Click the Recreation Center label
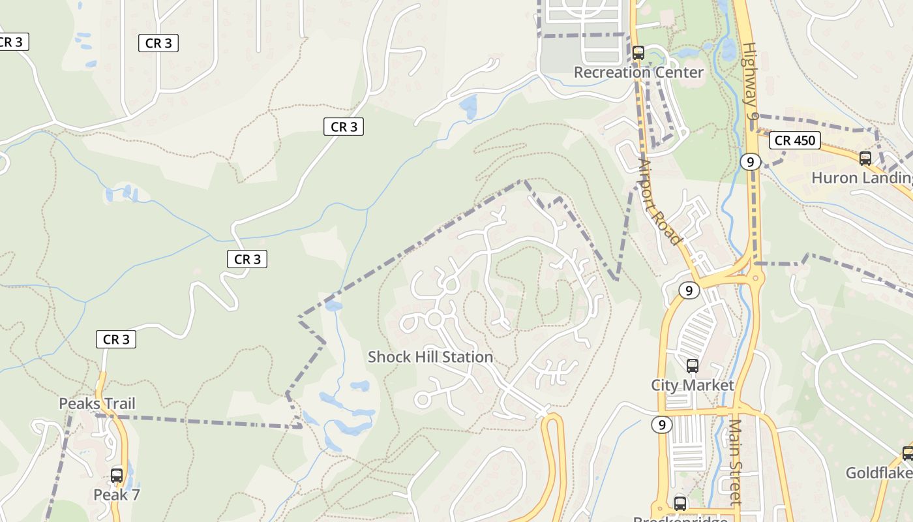(638, 72)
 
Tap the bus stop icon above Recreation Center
(638, 53)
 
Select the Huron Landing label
(861, 177)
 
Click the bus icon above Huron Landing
(865, 158)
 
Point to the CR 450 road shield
(795, 140)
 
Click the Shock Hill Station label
(430, 357)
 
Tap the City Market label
(693, 385)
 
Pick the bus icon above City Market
(693, 366)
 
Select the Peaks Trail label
(97, 403)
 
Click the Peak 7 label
(117, 495)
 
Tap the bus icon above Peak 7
(117, 476)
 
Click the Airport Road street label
(659, 202)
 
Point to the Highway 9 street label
(751, 81)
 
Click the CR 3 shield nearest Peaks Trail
(116, 339)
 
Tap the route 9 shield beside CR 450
(751, 161)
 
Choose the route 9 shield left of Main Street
(662, 425)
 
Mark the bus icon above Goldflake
(907, 453)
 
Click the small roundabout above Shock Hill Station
(434, 319)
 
